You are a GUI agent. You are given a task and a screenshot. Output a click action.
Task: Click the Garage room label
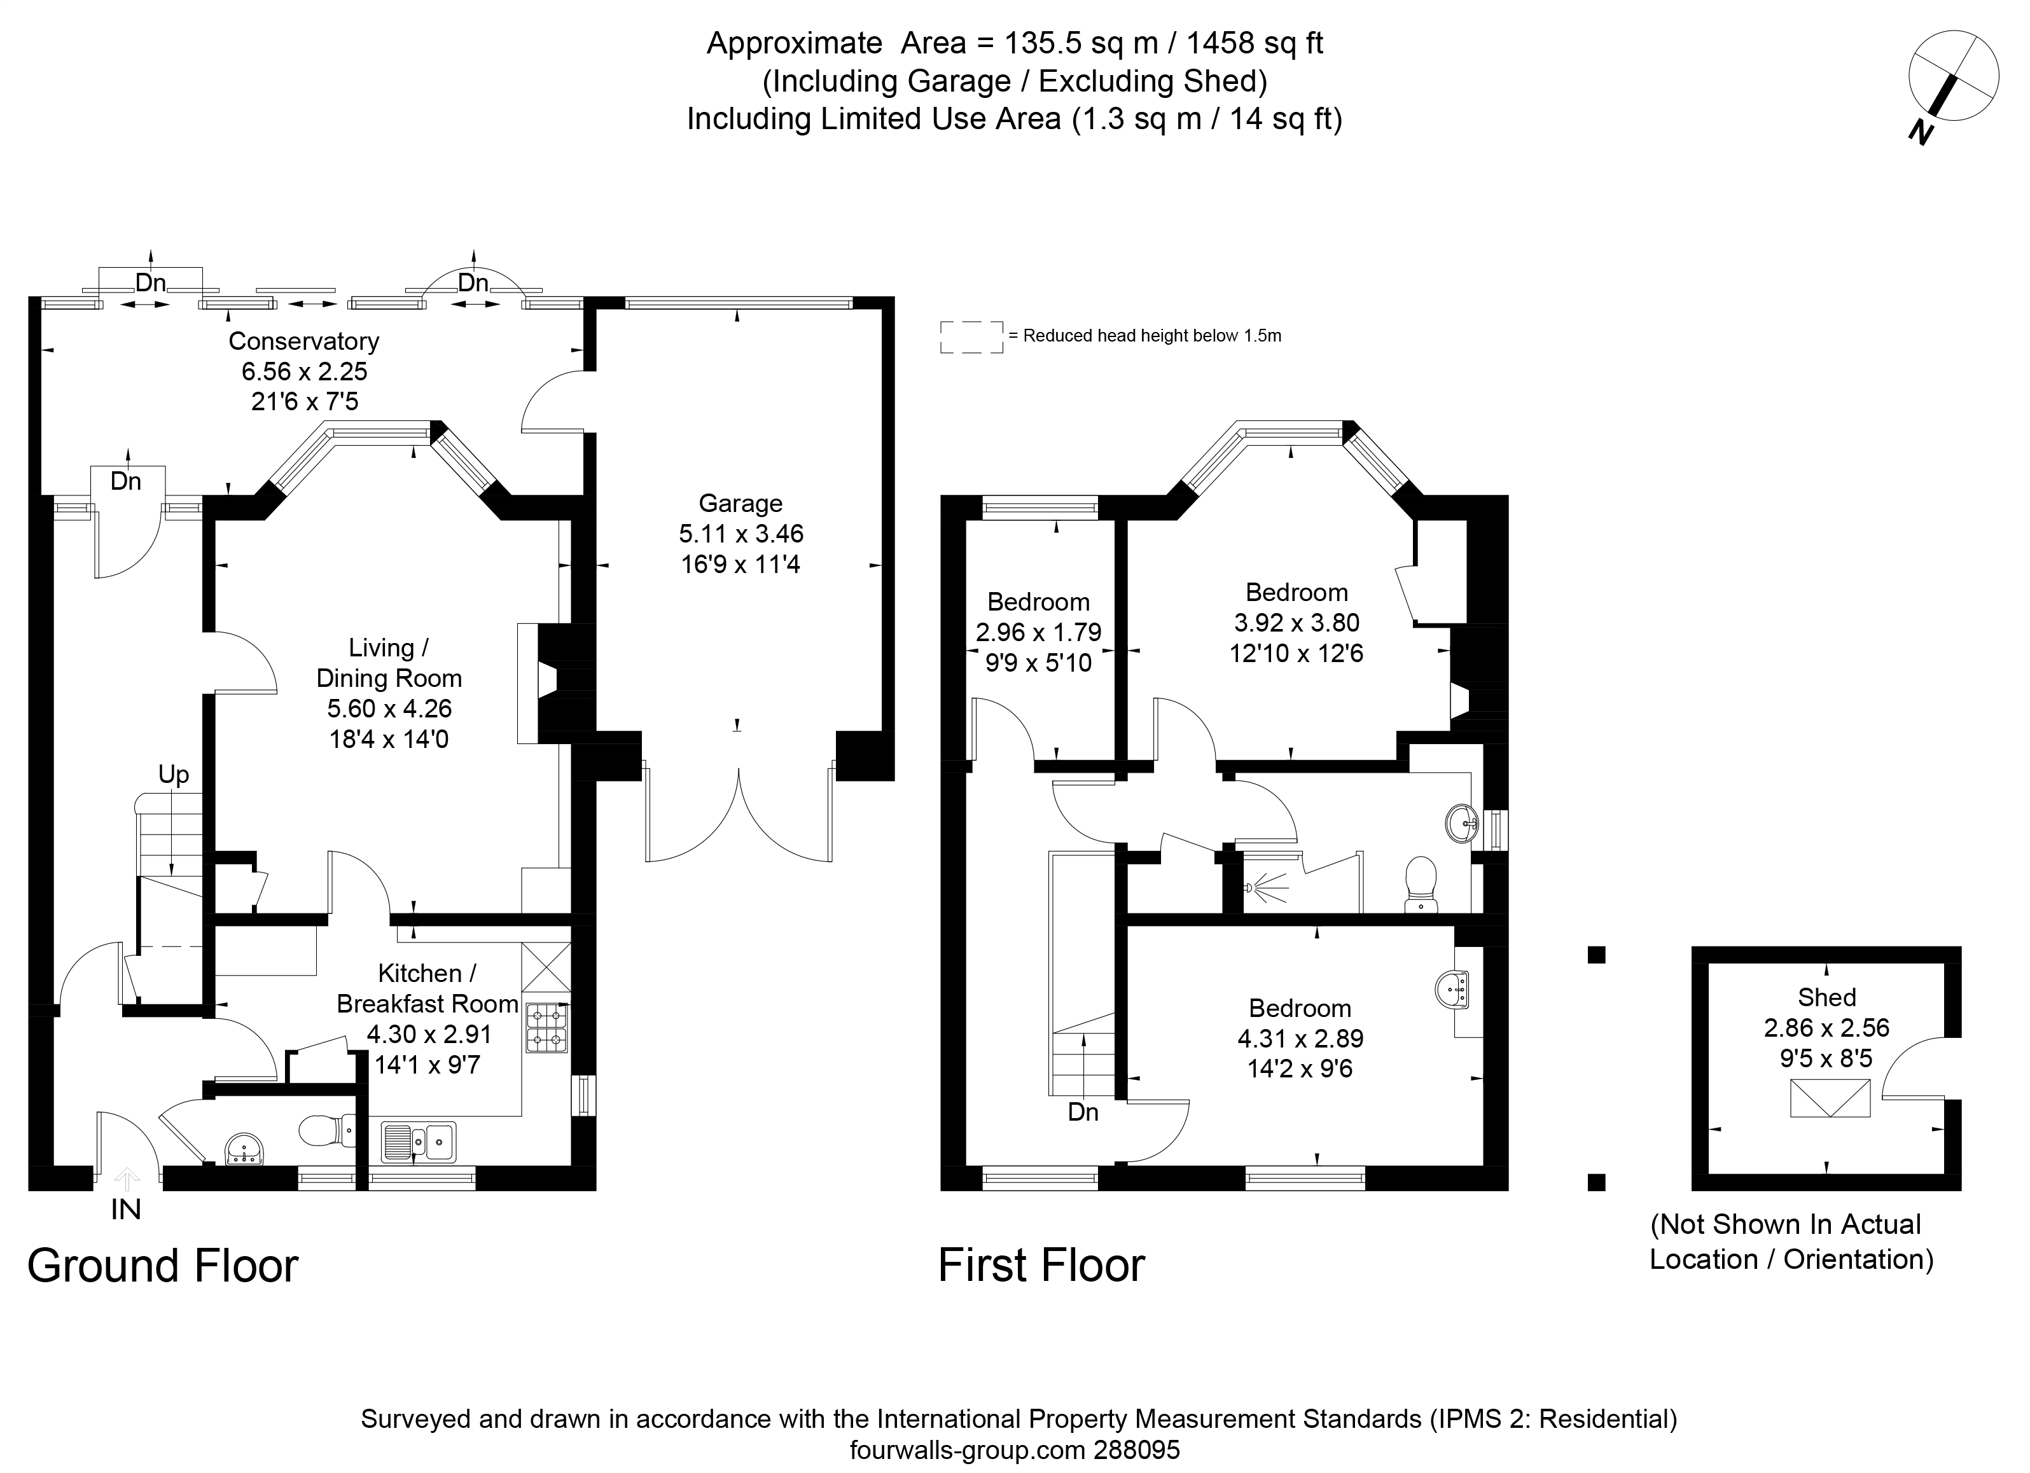coord(740,504)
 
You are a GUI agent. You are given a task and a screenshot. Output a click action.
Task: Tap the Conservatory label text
coord(303,341)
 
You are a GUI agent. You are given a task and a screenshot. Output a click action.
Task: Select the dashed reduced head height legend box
coord(971,337)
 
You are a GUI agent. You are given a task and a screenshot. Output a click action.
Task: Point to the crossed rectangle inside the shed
coord(1830,1098)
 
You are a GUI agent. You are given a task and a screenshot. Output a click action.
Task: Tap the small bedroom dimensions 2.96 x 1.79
coord(1038,633)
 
